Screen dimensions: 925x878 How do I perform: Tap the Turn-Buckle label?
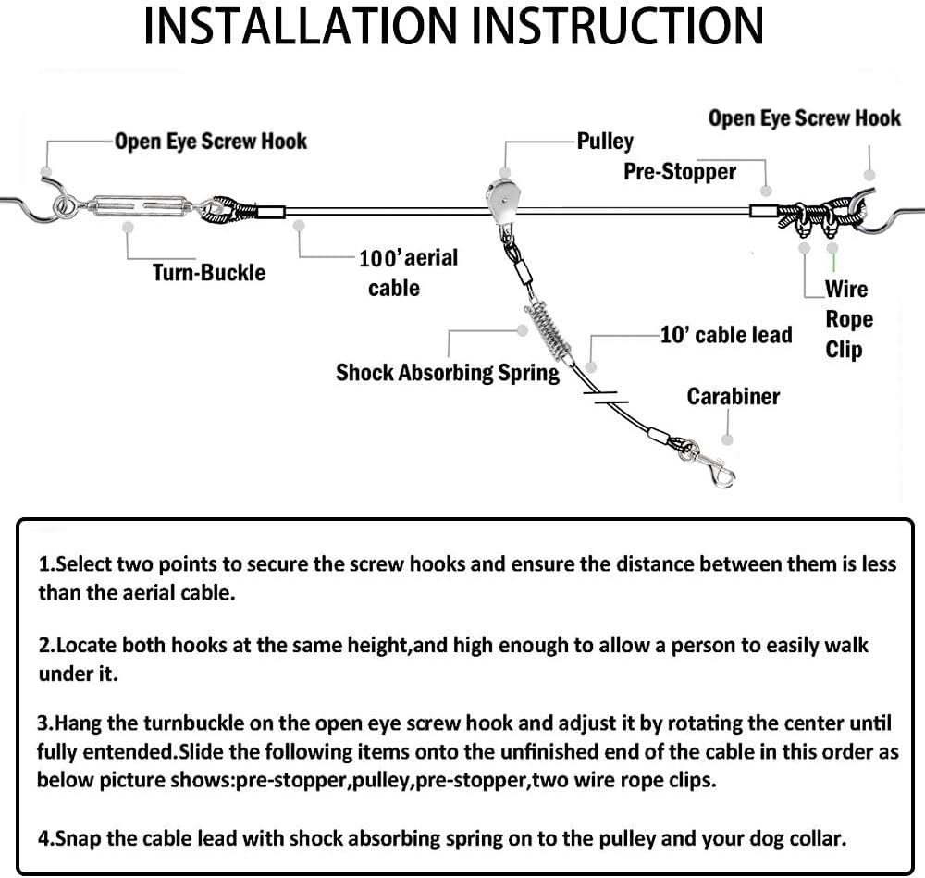point(209,273)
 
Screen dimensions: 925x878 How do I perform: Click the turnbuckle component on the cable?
point(142,206)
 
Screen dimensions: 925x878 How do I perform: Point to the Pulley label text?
point(605,142)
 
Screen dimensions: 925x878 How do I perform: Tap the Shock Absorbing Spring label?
point(448,373)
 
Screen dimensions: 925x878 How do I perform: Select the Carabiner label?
point(734,397)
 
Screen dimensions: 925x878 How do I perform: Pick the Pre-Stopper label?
point(680,172)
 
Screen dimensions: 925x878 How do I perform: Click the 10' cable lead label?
point(726,335)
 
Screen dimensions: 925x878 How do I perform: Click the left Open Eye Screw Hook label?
point(211,141)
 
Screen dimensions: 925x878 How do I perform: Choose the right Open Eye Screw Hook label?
point(805,118)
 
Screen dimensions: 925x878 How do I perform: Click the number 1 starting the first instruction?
point(43,564)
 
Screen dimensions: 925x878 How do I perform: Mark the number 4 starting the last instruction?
point(43,838)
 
